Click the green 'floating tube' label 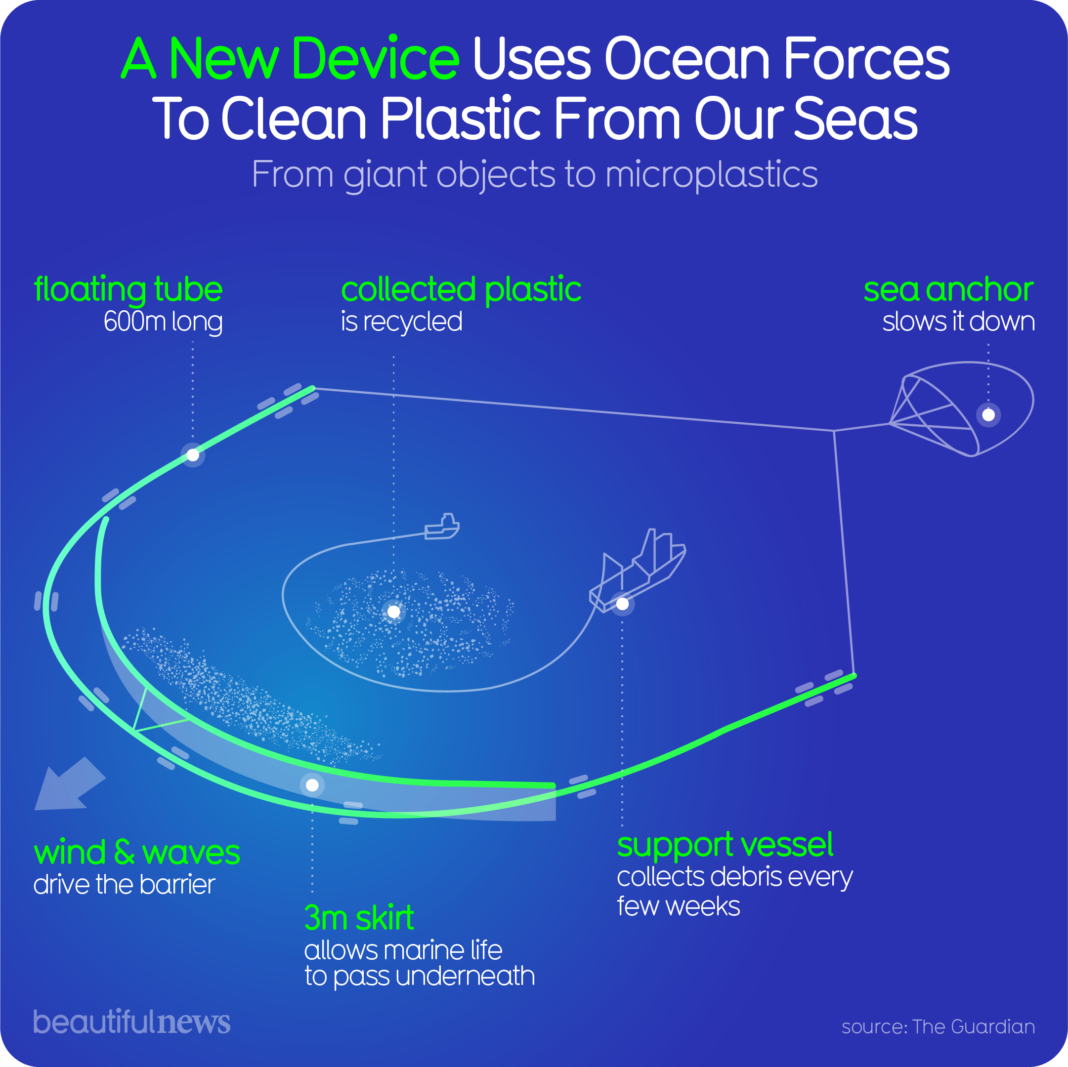coord(128,289)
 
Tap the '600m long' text coord(163,322)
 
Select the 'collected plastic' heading coord(461,289)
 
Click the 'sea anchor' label coord(948,289)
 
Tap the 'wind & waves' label coord(136,853)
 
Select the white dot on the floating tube coord(192,455)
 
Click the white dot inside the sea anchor coord(988,414)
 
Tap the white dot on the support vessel coord(622,604)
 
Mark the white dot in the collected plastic coord(393,612)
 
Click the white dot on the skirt coord(312,785)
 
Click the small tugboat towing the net coord(442,527)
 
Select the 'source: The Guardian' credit coord(938,1026)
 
